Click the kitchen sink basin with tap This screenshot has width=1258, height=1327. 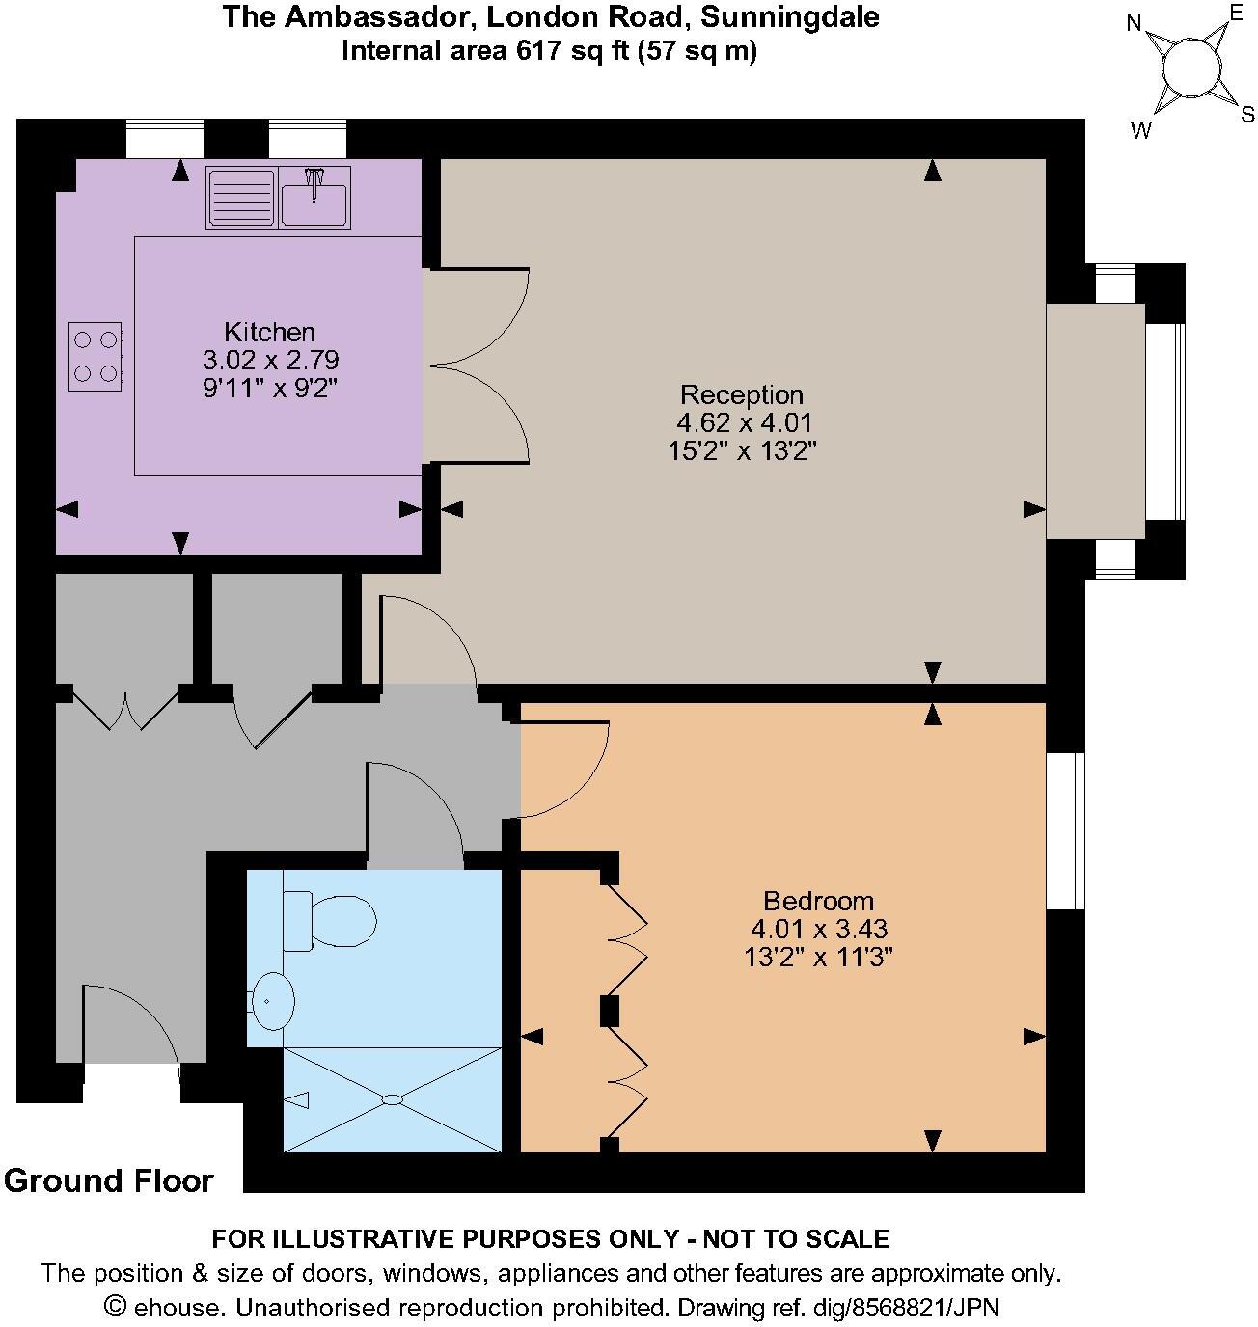click(x=314, y=197)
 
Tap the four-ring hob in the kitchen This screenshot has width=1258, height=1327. click(x=96, y=356)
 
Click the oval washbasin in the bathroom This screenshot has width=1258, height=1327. click(x=273, y=1001)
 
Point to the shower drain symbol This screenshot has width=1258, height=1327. click(x=393, y=1099)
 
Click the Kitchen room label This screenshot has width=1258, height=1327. click(x=269, y=332)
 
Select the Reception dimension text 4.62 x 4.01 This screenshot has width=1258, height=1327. click(x=744, y=422)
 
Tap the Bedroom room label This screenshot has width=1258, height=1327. click(x=818, y=901)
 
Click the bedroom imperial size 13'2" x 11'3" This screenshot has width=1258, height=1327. click(x=818, y=958)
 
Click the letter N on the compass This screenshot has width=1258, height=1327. click(x=1135, y=24)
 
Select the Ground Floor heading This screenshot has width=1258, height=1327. click(x=108, y=1180)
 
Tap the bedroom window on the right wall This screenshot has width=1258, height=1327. click(x=1066, y=830)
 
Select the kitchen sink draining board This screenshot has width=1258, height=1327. click(x=241, y=197)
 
